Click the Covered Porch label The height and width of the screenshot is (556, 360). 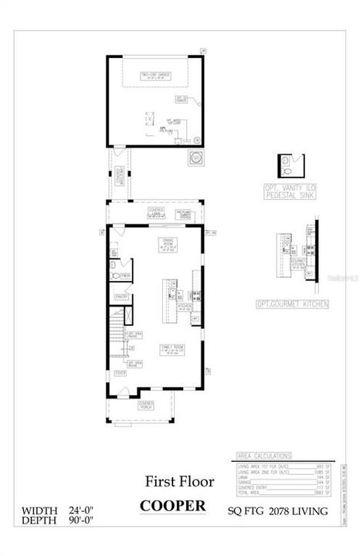[146, 405]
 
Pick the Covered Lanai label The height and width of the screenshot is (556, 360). [155, 211]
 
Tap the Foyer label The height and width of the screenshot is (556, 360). [121, 373]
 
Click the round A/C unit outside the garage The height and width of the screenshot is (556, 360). [196, 158]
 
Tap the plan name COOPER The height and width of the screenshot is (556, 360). [172, 506]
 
